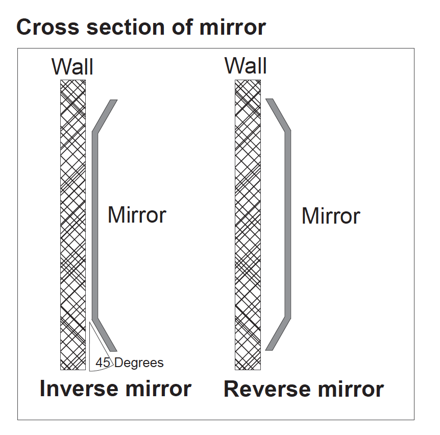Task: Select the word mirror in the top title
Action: pyautogui.click(x=232, y=27)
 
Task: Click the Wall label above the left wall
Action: pyautogui.click(x=72, y=67)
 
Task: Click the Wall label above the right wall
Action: pyautogui.click(x=246, y=66)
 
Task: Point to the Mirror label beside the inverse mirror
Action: pyautogui.click(x=137, y=215)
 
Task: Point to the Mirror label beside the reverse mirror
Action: pyautogui.click(x=331, y=216)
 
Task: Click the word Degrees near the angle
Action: pyautogui.click(x=139, y=363)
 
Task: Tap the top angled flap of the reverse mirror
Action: pyautogui.click(x=278, y=115)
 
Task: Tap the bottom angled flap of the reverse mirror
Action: pyautogui.click(x=279, y=334)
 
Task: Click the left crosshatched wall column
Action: pyautogui.click(x=73, y=225)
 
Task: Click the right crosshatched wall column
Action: pyautogui.click(x=248, y=225)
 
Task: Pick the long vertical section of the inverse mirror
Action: pyautogui.click(x=94, y=225)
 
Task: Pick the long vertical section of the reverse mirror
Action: pyautogui.click(x=288, y=225)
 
